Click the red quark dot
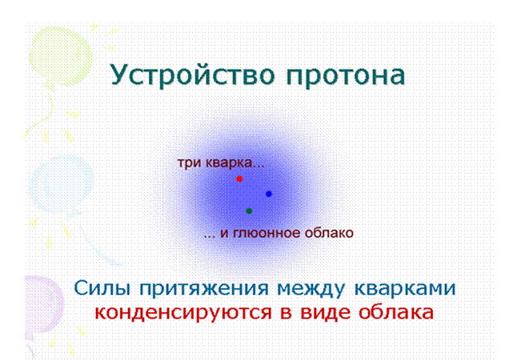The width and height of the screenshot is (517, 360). click(x=239, y=178)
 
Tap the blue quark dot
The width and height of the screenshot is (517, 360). click(x=269, y=194)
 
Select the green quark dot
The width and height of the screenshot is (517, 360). click(x=249, y=211)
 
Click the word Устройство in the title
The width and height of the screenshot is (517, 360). click(x=192, y=74)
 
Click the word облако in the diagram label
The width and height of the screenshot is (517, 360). click(x=329, y=233)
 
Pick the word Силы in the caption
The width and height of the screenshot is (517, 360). click(x=102, y=288)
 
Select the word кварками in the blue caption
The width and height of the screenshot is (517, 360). click(x=405, y=288)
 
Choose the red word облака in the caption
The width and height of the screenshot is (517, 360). click(x=395, y=311)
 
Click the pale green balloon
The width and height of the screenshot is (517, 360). click(x=60, y=57)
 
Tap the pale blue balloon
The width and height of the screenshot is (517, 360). click(x=62, y=184)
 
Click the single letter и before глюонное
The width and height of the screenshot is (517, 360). click(x=224, y=234)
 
